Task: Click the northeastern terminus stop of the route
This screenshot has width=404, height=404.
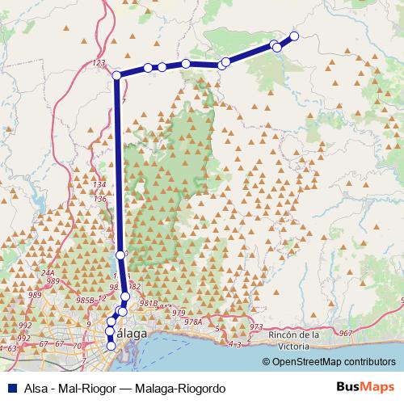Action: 294,36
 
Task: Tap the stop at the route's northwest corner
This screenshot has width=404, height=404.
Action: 116,75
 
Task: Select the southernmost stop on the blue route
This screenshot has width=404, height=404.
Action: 111,346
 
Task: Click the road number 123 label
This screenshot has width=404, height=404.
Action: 99,62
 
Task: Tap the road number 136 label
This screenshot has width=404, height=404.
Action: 100,199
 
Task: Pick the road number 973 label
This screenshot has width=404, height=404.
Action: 256,327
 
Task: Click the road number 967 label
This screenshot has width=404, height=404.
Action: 346,333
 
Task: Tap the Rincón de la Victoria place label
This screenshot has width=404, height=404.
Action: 295,339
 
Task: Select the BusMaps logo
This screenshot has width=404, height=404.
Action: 361,387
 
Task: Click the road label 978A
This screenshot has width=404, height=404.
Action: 192,321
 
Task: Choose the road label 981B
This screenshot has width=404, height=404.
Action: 148,304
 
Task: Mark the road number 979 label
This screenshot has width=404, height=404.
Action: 179,312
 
